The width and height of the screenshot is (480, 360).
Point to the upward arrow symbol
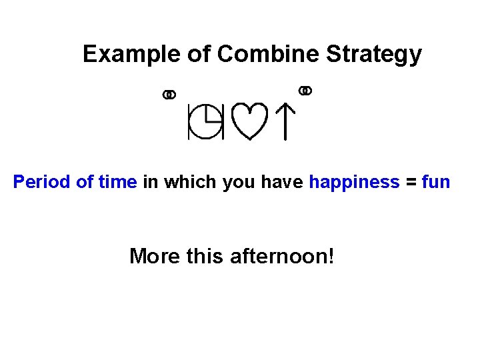tap(285, 122)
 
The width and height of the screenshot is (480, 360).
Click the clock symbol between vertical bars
tap(205, 122)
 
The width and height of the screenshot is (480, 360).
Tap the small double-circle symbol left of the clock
tap(169, 95)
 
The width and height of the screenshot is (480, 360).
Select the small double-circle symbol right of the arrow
tap(305, 90)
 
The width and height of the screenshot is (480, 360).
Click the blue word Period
tap(41, 182)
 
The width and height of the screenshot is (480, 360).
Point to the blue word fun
tap(437, 182)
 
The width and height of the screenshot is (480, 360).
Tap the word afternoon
tap(281, 255)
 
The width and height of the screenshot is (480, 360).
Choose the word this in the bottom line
tap(205, 255)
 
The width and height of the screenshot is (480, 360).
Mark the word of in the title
tap(198, 54)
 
